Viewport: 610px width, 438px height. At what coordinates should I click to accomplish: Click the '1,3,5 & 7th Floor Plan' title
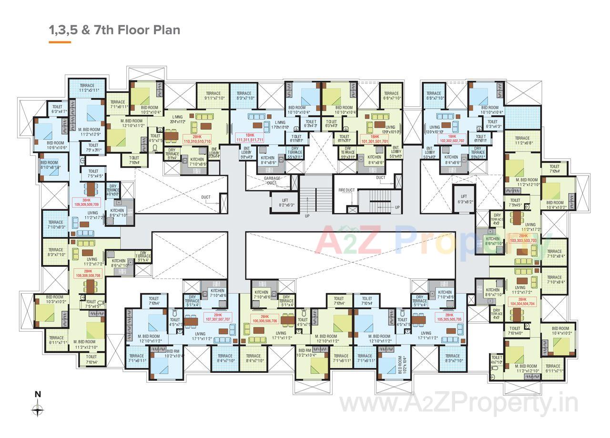[x=114, y=30]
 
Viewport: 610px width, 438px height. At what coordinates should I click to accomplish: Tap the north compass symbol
[x=38, y=409]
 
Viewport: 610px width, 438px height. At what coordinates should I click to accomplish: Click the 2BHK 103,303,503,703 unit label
[x=523, y=238]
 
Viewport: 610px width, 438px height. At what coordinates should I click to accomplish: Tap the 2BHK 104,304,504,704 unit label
[x=523, y=301]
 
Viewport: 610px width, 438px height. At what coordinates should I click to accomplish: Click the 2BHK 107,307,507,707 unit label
[x=218, y=317]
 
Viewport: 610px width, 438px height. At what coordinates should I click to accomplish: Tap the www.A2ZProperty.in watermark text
[x=458, y=405]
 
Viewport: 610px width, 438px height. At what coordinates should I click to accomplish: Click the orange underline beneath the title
[x=60, y=42]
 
